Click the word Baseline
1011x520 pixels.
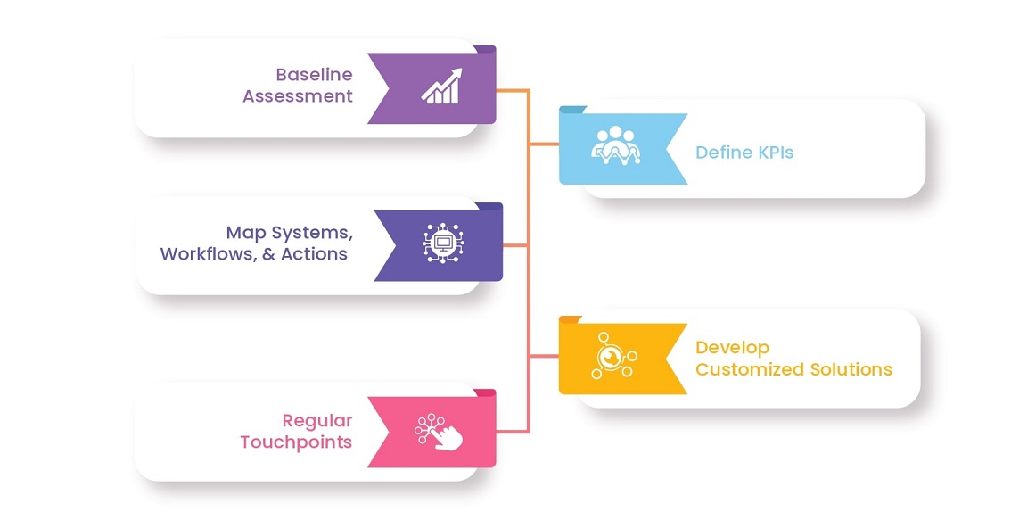(x=314, y=75)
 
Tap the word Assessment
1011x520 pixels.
(x=298, y=96)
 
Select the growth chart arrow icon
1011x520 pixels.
(x=441, y=86)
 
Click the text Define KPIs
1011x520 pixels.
(x=744, y=153)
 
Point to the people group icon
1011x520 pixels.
(x=616, y=144)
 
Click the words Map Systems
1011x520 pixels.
(x=289, y=233)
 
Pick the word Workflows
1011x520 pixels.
(x=209, y=254)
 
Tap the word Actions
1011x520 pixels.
(x=314, y=254)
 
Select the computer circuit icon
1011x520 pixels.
(x=444, y=243)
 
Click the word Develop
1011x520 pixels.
(x=733, y=349)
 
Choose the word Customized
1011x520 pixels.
(x=750, y=369)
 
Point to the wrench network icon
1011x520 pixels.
(x=613, y=356)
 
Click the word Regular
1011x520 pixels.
(x=317, y=421)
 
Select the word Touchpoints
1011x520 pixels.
(x=297, y=442)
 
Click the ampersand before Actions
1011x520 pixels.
(x=269, y=254)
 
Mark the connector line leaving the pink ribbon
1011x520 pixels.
(x=513, y=432)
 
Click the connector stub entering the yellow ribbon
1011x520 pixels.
(x=544, y=356)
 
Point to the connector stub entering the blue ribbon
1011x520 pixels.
(x=544, y=144)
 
